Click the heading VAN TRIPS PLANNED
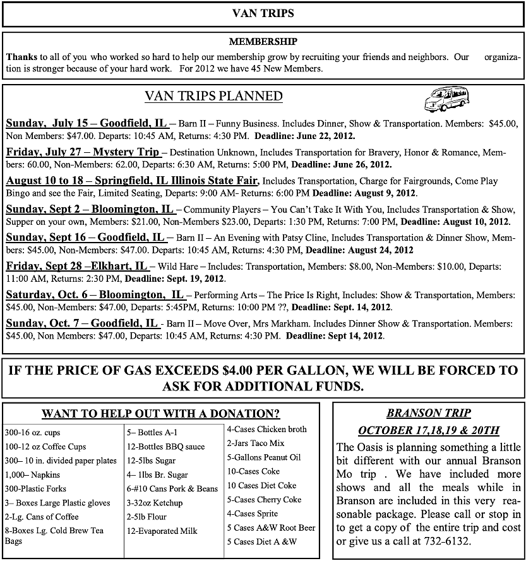tap(213, 97)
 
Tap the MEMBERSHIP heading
tap(263, 42)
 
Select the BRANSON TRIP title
tap(428, 413)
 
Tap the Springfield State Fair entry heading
tap(131, 181)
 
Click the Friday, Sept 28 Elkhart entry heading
tap(76, 266)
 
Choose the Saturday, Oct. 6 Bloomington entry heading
tap(95, 295)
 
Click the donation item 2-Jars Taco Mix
tap(256, 443)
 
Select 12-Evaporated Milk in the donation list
tap(162, 531)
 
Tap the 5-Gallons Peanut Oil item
tap(264, 457)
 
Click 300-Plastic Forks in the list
tap(35, 488)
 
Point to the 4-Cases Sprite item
tap(252, 514)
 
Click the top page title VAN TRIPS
tap(263, 13)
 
